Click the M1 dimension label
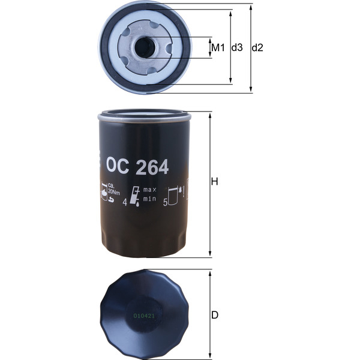[x=217, y=47]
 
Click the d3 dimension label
[x=237, y=47]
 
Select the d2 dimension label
[x=257, y=47]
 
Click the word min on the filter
[x=149, y=198]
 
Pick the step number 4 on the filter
[x=125, y=203]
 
